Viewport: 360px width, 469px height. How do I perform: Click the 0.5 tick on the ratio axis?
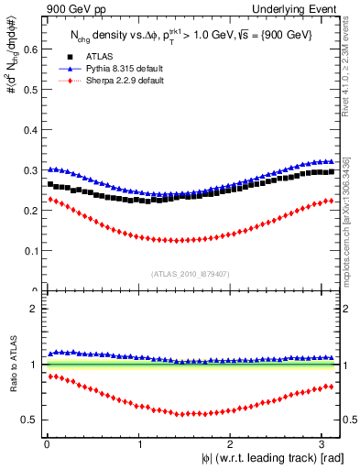click(x=31, y=420)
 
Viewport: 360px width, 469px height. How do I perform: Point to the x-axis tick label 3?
click(x=324, y=443)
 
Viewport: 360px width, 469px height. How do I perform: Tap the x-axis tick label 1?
click(x=139, y=443)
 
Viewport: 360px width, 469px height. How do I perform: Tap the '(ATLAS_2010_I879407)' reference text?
click(x=191, y=274)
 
